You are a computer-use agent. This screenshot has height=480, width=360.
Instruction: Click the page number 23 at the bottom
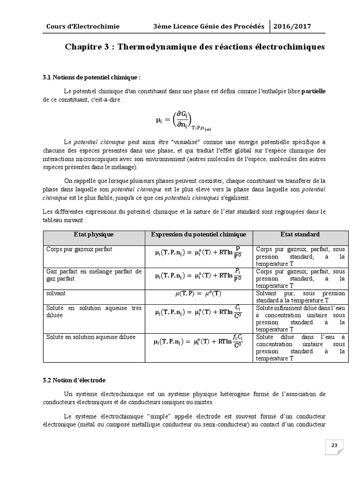[x=334, y=445]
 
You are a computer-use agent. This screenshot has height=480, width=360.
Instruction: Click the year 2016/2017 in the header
[x=292, y=27]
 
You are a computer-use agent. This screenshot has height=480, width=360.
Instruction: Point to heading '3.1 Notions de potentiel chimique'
[x=91, y=77]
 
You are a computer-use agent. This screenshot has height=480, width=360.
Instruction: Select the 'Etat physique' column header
[x=94, y=234]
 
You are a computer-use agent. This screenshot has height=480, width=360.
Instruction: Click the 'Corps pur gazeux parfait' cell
[x=79, y=249]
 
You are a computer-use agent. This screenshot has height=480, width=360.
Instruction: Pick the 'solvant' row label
[x=56, y=293]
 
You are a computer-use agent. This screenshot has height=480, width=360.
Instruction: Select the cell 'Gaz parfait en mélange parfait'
[x=94, y=275]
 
